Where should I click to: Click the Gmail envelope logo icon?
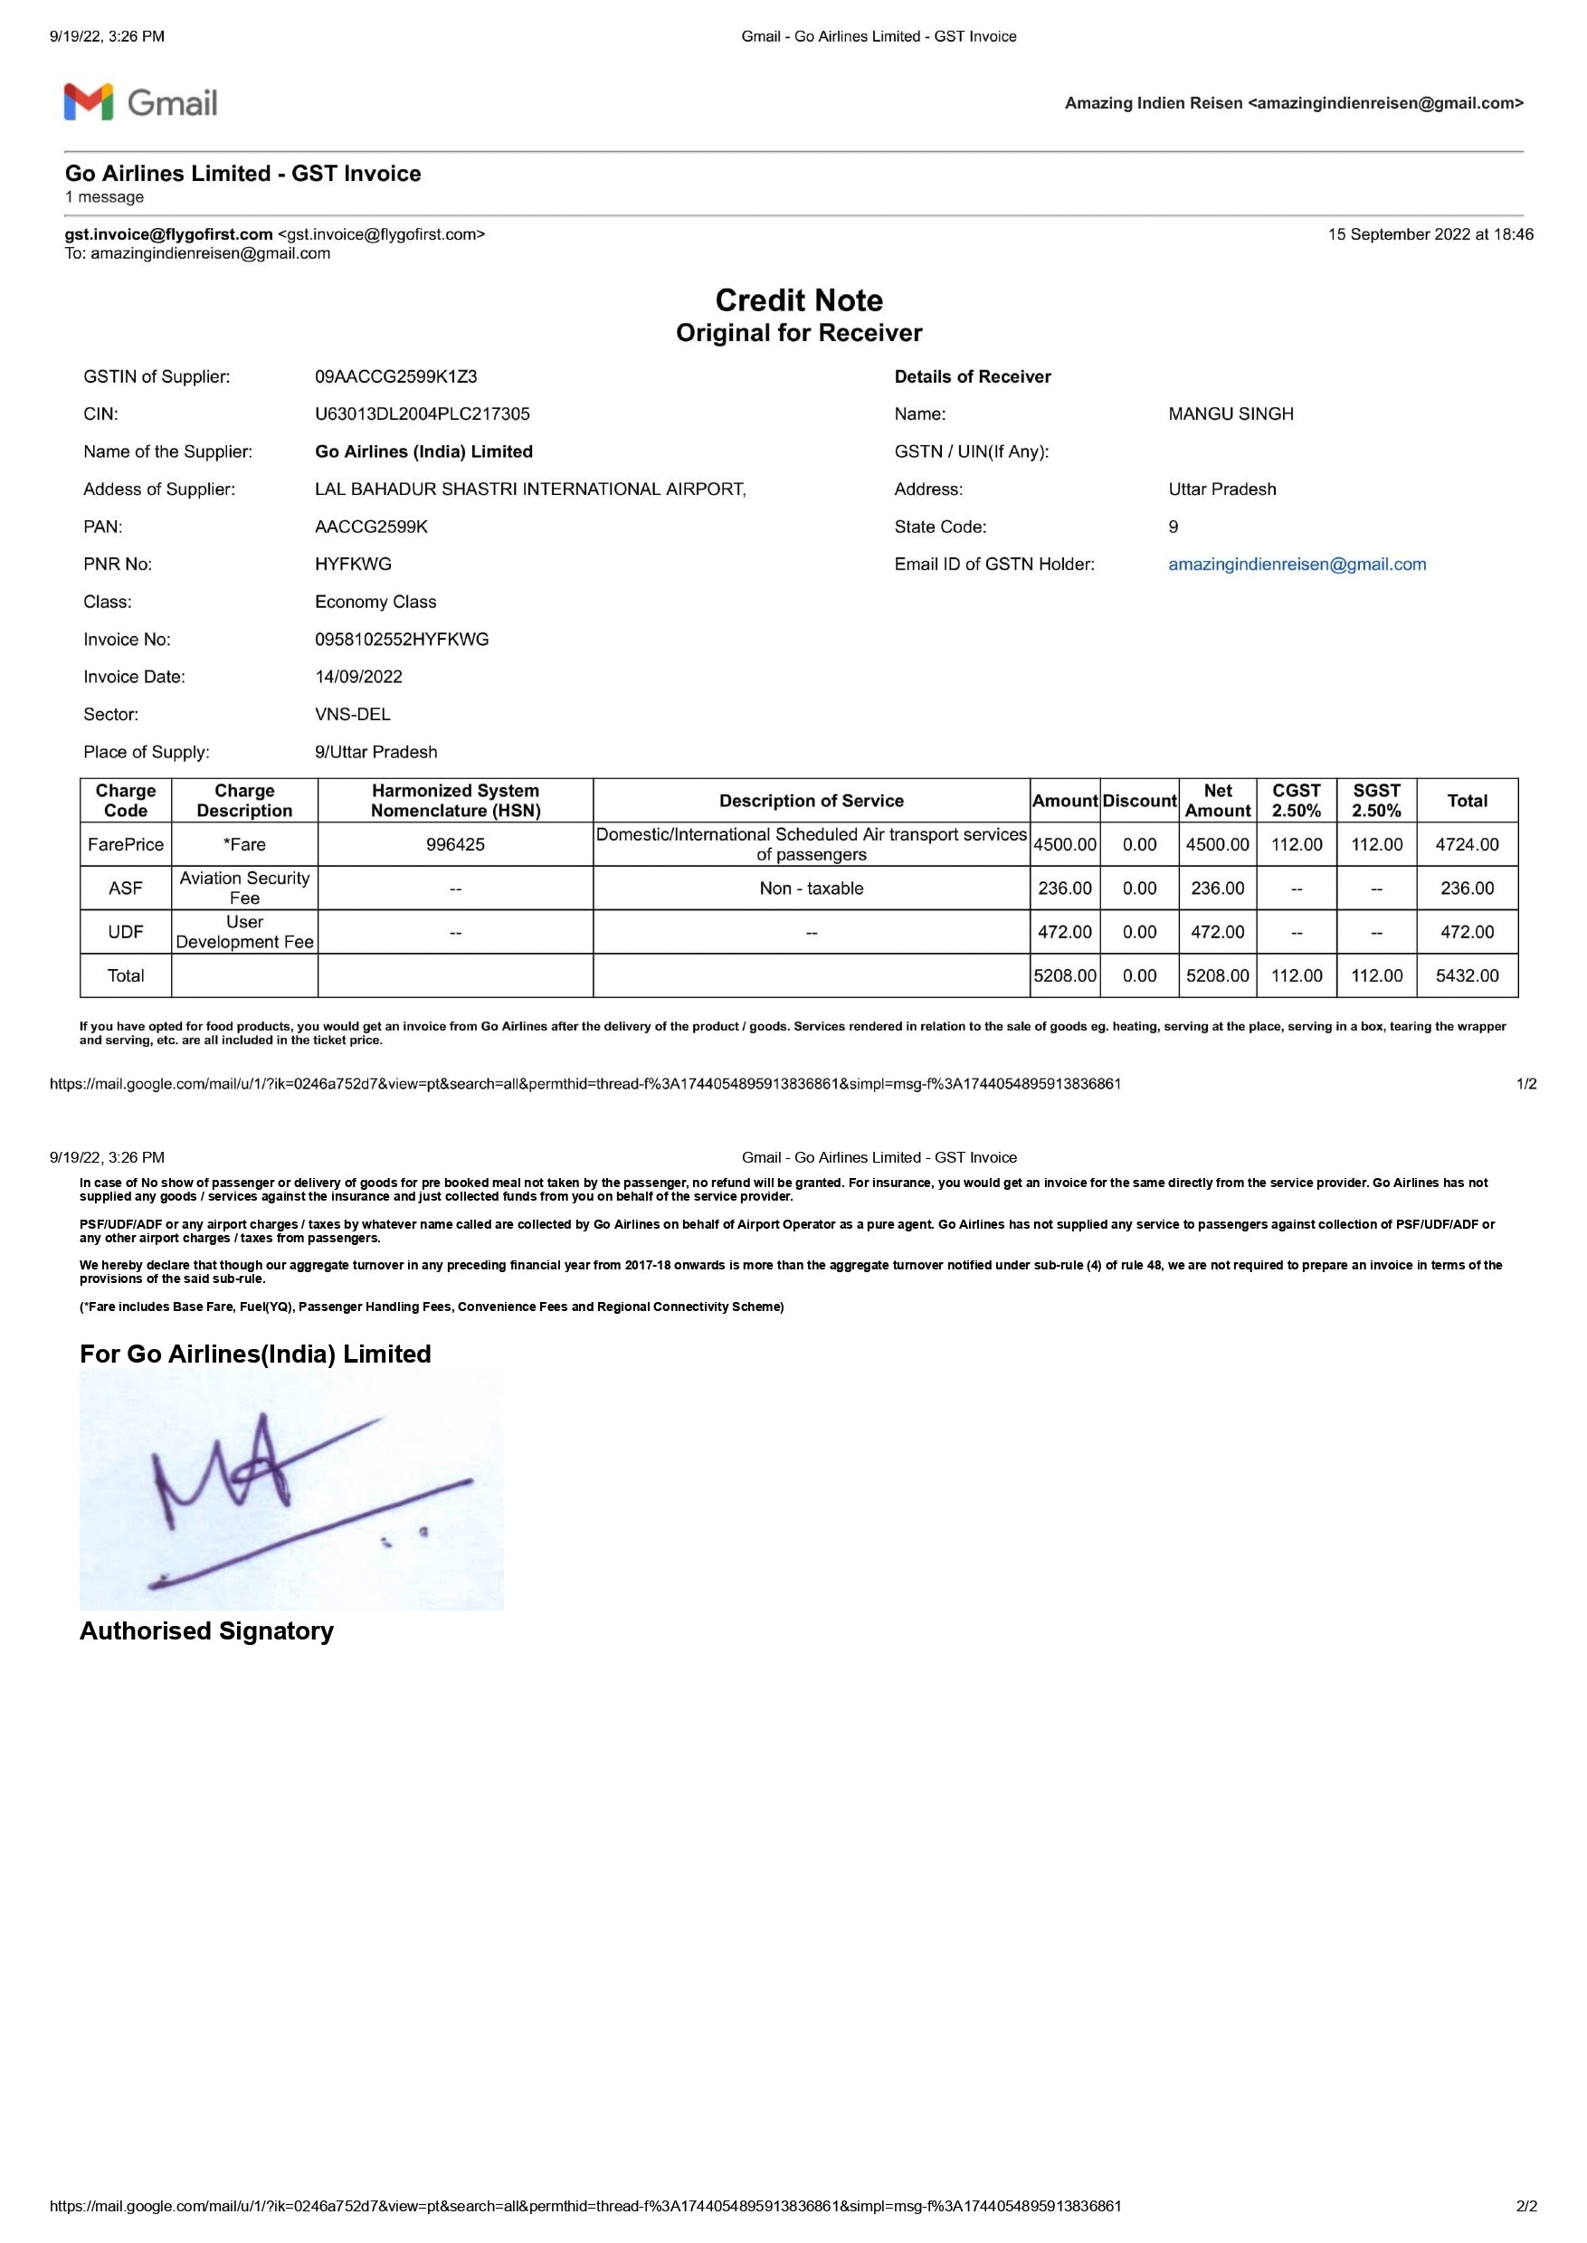click(89, 102)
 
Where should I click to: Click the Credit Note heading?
click(798, 300)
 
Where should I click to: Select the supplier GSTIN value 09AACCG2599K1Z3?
click(395, 376)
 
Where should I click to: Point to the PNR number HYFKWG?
click(353, 564)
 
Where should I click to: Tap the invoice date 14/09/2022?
click(358, 676)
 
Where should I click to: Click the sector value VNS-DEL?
click(353, 715)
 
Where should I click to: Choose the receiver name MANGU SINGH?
click(1231, 413)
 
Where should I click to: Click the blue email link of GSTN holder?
click(1297, 564)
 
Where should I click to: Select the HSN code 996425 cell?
click(455, 844)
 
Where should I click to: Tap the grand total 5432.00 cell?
click(1466, 975)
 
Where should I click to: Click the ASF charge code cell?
click(126, 889)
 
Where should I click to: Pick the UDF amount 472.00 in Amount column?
click(1064, 931)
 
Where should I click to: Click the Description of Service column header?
click(811, 801)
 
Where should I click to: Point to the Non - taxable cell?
click(811, 889)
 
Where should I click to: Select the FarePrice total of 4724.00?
click(1466, 844)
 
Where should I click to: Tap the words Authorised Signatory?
click(206, 1631)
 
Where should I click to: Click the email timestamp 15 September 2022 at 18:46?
click(1430, 234)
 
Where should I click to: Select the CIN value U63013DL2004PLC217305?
click(423, 413)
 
